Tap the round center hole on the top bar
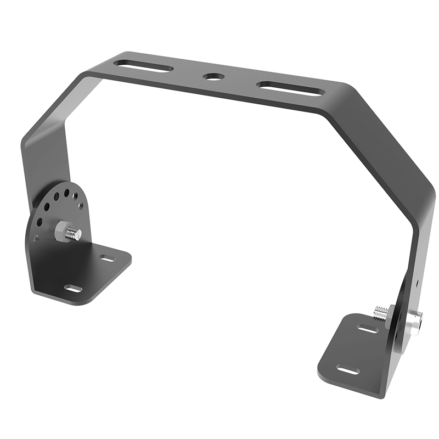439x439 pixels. pos(211,77)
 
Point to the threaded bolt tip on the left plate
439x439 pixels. pos(73,234)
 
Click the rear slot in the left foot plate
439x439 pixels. pos(106,257)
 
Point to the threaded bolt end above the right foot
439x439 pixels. pos(378,313)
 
